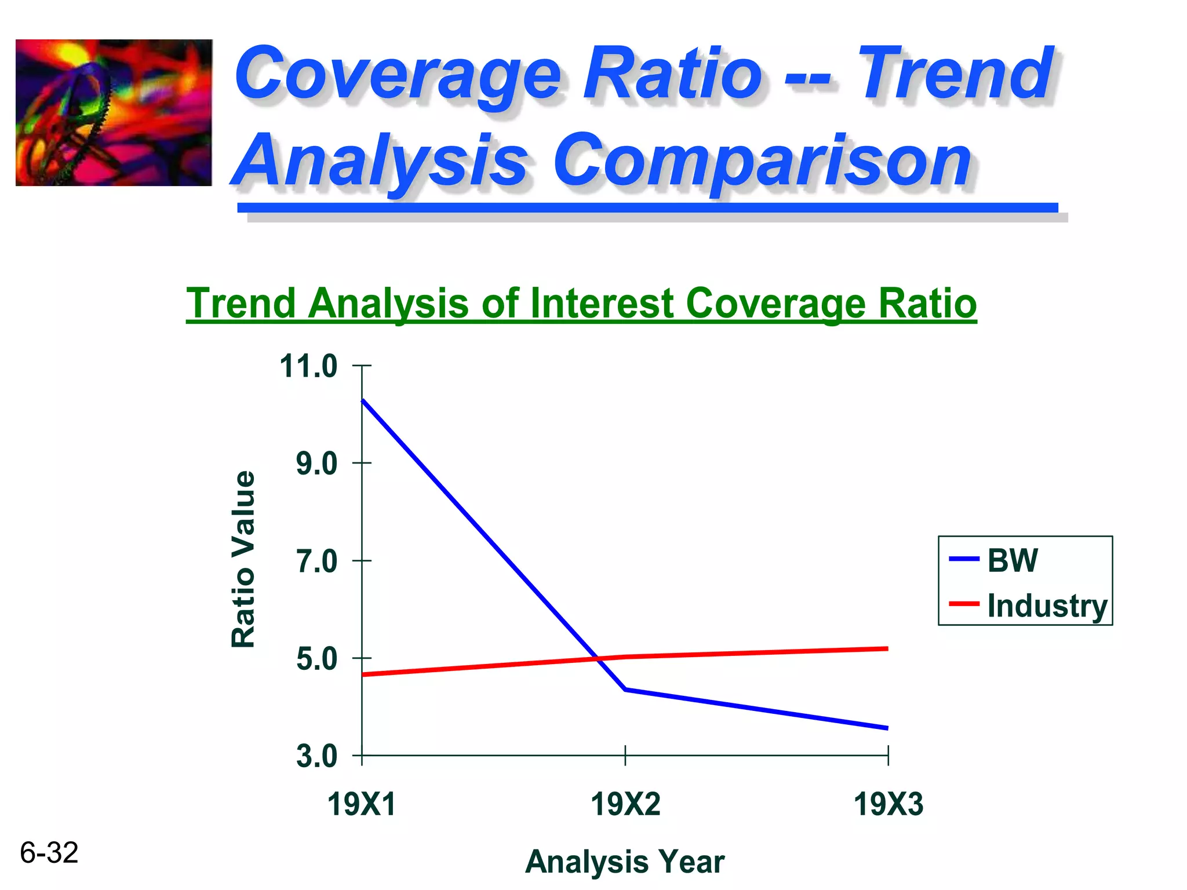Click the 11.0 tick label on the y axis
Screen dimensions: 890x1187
308,367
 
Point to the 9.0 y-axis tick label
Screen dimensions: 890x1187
316,464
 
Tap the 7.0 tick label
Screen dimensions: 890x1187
316,561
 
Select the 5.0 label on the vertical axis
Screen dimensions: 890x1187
316,659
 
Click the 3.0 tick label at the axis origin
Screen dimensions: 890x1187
316,757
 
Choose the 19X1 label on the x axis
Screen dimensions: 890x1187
361,805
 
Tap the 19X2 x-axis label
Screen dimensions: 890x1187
625,805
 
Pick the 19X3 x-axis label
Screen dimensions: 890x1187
888,805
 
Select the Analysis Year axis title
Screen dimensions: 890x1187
624,862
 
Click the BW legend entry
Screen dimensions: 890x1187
1011,560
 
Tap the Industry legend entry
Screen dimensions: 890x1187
1047,606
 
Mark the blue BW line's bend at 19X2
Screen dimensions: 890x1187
625,690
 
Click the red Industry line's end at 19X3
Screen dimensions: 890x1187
887,649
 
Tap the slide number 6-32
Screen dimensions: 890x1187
49,853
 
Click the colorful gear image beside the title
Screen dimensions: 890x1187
114,113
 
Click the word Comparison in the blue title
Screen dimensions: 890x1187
762,159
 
